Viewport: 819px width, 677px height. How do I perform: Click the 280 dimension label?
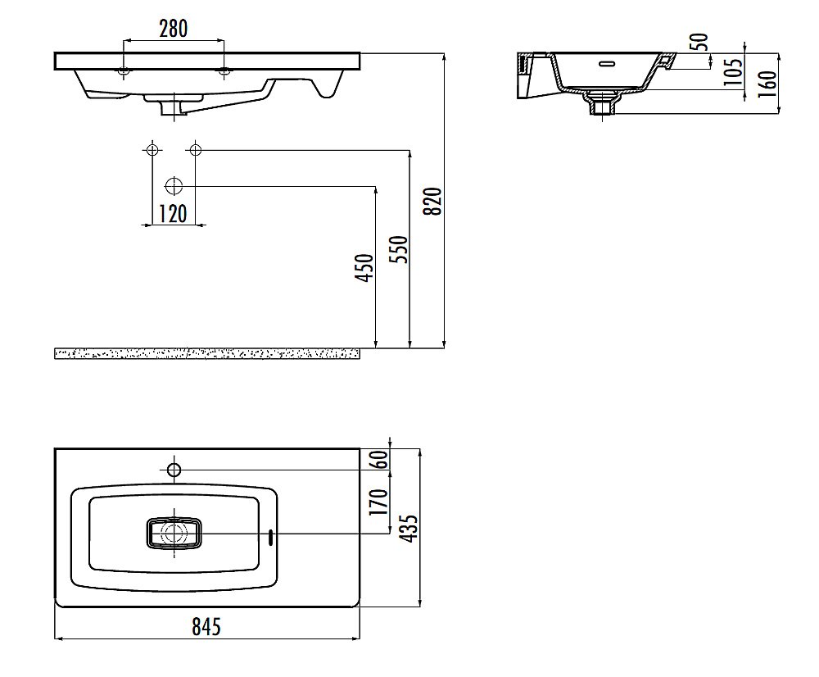pyautogui.click(x=174, y=28)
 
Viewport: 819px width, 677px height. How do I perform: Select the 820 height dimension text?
pyautogui.click(x=433, y=201)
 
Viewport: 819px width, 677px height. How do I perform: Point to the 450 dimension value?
pyautogui.click(x=365, y=268)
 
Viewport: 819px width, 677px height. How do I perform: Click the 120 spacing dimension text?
pyautogui.click(x=172, y=213)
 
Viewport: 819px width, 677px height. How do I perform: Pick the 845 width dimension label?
pyautogui.click(x=206, y=625)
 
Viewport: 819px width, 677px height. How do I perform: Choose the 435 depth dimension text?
pyautogui.click(x=410, y=528)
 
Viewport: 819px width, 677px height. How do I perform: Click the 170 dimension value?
pyautogui.click(x=379, y=502)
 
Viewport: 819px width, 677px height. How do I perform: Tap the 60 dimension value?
pyautogui.click(x=381, y=459)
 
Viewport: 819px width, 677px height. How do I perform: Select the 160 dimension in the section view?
pyautogui.click(x=767, y=83)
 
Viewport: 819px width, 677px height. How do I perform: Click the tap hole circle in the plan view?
pyautogui.click(x=174, y=469)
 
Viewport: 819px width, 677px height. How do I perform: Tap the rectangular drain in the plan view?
pyautogui.click(x=174, y=534)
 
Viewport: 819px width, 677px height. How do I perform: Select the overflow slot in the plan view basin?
pyautogui.click(x=271, y=538)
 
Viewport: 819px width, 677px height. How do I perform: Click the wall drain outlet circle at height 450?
pyautogui.click(x=174, y=186)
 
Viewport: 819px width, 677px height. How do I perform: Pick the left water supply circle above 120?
pyautogui.click(x=152, y=150)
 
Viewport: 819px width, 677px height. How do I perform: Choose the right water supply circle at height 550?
pyautogui.click(x=196, y=150)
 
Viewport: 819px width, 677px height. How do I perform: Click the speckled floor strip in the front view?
pyautogui.click(x=207, y=353)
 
